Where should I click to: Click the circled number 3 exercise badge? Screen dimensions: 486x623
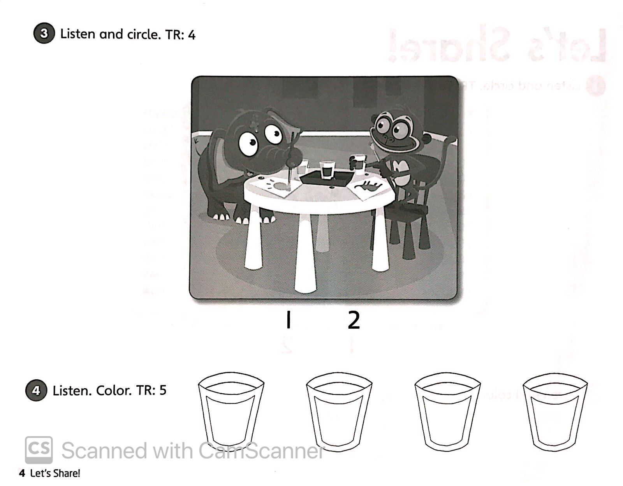(x=44, y=33)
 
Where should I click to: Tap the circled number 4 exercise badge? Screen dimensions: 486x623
(x=36, y=390)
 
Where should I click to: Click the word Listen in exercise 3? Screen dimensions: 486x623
(x=77, y=34)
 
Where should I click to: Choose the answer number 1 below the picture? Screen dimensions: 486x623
(x=288, y=320)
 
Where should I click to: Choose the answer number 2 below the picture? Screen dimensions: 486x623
(x=354, y=320)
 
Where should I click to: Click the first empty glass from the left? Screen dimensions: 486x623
(x=231, y=411)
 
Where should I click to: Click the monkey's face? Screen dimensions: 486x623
(x=391, y=130)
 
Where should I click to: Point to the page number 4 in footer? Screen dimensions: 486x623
(x=22, y=473)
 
